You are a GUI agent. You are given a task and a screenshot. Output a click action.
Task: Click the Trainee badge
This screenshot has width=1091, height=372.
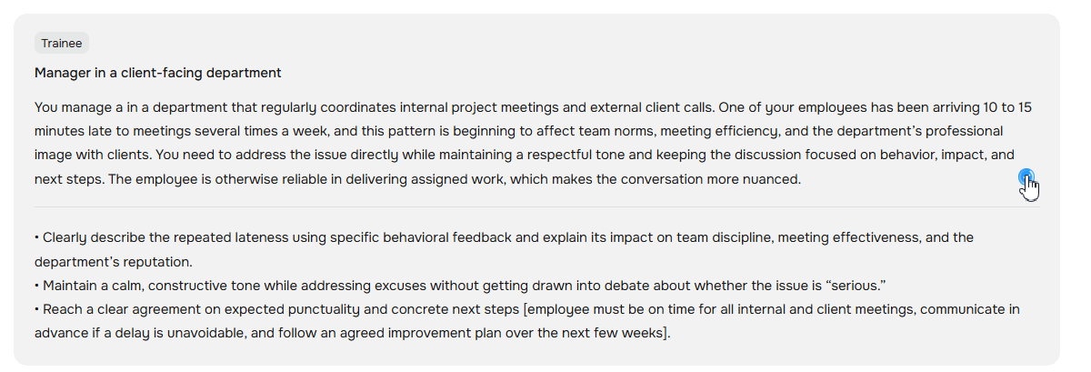(62, 43)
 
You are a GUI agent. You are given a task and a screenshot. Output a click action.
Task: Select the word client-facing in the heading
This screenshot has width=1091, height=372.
(162, 73)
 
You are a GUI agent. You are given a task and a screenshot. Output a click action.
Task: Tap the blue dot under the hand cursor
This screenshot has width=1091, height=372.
(1026, 176)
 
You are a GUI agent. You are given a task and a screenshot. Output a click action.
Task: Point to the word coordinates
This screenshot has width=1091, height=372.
(358, 107)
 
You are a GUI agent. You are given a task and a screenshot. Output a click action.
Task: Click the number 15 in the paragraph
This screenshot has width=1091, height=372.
(1025, 107)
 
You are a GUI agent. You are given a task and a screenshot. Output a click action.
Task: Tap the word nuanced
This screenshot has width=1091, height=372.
(772, 179)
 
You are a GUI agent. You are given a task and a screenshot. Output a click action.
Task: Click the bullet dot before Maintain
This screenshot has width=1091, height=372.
(36, 286)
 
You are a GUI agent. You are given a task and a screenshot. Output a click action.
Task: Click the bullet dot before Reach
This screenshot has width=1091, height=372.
(36, 309)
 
